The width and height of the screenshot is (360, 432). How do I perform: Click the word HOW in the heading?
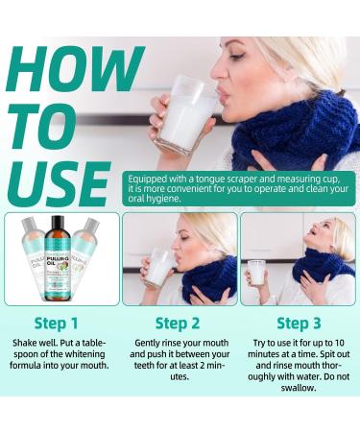[x=75, y=69]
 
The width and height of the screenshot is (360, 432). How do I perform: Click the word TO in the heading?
[x=42, y=124]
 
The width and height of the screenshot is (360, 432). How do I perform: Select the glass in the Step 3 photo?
[x=256, y=273]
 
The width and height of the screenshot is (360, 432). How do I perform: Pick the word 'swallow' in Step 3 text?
[x=299, y=387]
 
